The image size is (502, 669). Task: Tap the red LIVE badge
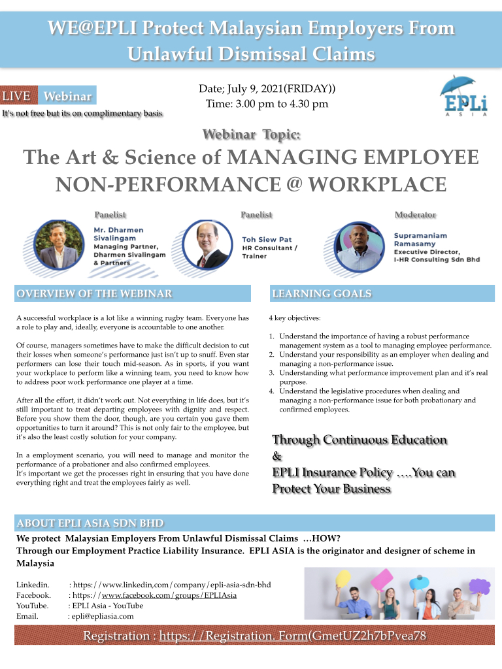pyautogui.click(x=17, y=96)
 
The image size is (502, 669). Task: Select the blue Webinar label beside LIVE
pyautogui.click(x=67, y=96)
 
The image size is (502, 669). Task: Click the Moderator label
pyautogui.click(x=415, y=214)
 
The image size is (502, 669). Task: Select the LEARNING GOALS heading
pyautogui.click(x=322, y=294)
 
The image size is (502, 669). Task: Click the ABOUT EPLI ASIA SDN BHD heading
pyautogui.click(x=90, y=523)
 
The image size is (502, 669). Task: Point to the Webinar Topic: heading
pyautogui.click(x=252, y=135)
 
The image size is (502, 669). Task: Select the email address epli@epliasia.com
pyautogui.click(x=103, y=616)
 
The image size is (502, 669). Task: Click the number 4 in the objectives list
pyautogui.click(x=271, y=391)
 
